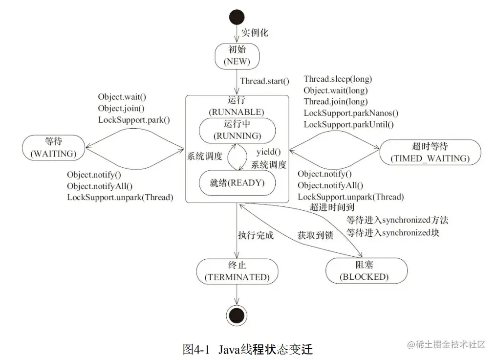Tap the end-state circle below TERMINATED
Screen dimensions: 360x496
click(x=237, y=313)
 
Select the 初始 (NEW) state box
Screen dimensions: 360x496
click(x=237, y=56)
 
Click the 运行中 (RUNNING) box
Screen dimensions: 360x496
click(x=237, y=130)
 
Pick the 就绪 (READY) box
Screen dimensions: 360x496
click(x=237, y=183)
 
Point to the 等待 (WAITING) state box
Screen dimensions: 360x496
click(x=53, y=147)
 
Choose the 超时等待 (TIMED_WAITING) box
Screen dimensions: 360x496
click(x=430, y=152)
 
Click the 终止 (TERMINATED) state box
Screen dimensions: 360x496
click(x=237, y=270)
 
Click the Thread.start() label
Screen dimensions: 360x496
click(x=264, y=81)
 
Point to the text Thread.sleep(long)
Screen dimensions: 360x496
click(x=338, y=79)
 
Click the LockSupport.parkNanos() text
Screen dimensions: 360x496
click(x=351, y=113)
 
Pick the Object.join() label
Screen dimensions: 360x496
click(x=121, y=108)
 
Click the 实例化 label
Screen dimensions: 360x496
click(x=255, y=33)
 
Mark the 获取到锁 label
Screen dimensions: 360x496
click(x=315, y=235)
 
